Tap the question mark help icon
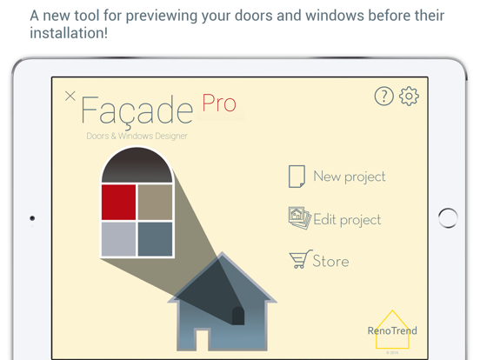click(x=384, y=97)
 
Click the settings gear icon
click(x=409, y=97)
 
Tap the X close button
click(x=70, y=96)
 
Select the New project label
click(x=349, y=177)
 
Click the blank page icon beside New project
click(x=297, y=177)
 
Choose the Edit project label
click(x=347, y=220)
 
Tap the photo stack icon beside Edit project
click(x=299, y=218)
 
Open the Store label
click(x=330, y=261)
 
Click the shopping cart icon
click(x=300, y=260)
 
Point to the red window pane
click(x=118, y=202)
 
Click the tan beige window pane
click(x=155, y=202)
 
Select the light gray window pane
click(x=118, y=238)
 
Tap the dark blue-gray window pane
click(x=155, y=238)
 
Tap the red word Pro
click(x=219, y=103)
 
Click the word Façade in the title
click(x=137, y=110)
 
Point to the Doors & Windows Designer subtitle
click(x=137, y=136)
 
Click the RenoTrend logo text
click(x=392, y=330)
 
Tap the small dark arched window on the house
click(x=238, y=314)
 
